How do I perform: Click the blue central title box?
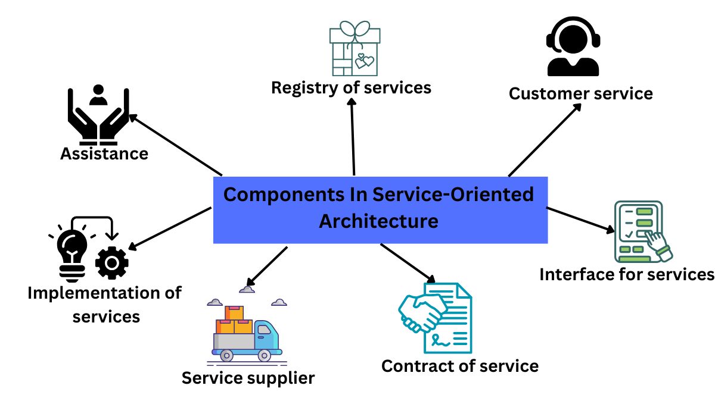click(380, 209)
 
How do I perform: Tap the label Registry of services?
click(351, 88)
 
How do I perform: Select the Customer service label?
click(580, 93)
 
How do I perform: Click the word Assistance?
click(104, 153)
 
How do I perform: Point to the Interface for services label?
click(626, 274)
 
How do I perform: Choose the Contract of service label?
click(459, 365)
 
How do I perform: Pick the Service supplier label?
click(248, 378)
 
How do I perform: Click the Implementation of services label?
click(105, 304)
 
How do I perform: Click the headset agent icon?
click(573, 46)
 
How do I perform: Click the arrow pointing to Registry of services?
click(353, 137)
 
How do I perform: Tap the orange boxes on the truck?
click(235, 321)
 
